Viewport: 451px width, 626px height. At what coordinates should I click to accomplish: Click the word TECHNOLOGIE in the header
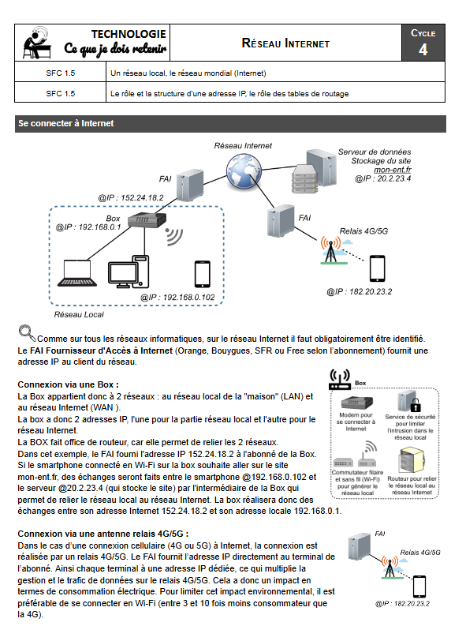point(129,34)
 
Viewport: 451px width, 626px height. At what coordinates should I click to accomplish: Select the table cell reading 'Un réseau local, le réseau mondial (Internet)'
point(188,73)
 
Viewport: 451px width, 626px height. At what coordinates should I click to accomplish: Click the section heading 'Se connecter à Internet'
point(67,124)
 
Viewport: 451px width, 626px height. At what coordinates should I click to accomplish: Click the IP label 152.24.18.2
point(131,197)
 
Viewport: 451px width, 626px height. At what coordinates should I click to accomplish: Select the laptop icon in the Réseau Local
point(79,273)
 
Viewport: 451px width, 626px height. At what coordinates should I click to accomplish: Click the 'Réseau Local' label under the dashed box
point(79,314)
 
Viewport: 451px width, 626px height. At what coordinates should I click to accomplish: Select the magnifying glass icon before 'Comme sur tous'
point(27,332)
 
